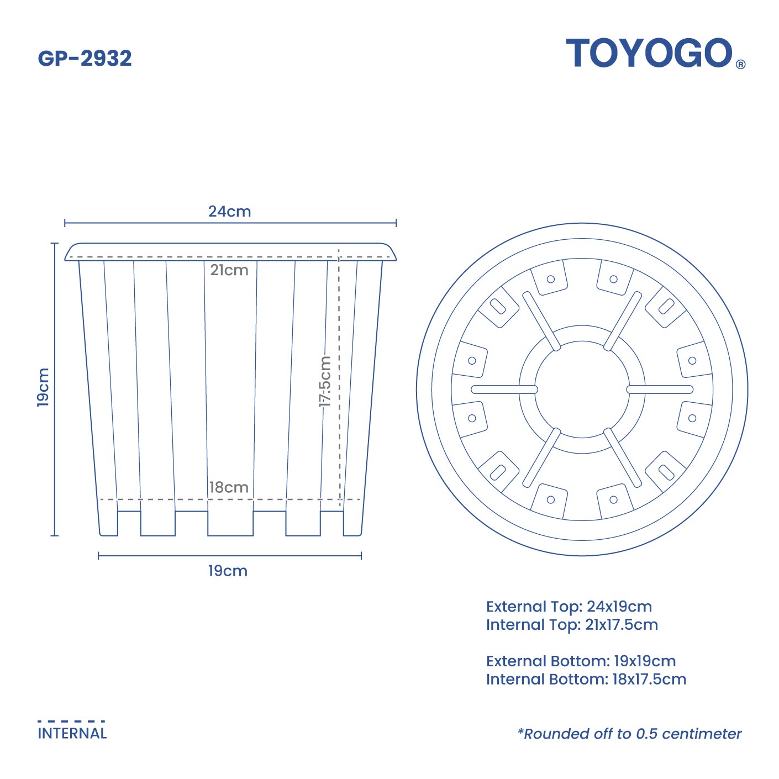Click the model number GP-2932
pyautogui.click(x=85, y=59)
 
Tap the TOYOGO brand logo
pyautogui.click(x=649, y=54)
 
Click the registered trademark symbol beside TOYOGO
pyautogui.click(x=741, y=65)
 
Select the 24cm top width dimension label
pyautogui.click(x=229, y=212)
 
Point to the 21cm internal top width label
pyautogui.click(x=229, y=270)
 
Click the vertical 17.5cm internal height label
pyautogui.click(x=325, y=381)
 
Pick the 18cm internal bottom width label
pyautogui.click(x=229, y=487)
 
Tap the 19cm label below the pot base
pyautogui.click(x=228, y=571)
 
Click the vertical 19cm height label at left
pyautogui.click(x=43, y=387)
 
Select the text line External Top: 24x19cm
pyautogui.click(x=569, y=607)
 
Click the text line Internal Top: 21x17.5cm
pyautogui.click(x=572, y=625)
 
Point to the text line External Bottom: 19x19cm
pyautogui.click(x=581, y=661)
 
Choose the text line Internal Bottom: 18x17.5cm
pyautogui.click(x=586, y=680)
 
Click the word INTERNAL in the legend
pyautogui.click(x=72, y=734)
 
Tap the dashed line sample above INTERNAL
pyautogui.click(x=71, y=721)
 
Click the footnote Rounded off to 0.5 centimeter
pyautogui.click(x=629, y=734)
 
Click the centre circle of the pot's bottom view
pyautogui.click(x=582, y=389)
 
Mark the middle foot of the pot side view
pyautogui.click(x=230, y=523)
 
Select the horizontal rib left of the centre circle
pyautogui.click(x=504, y=389)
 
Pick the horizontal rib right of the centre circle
pyautogui.click(x=660, y=389)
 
